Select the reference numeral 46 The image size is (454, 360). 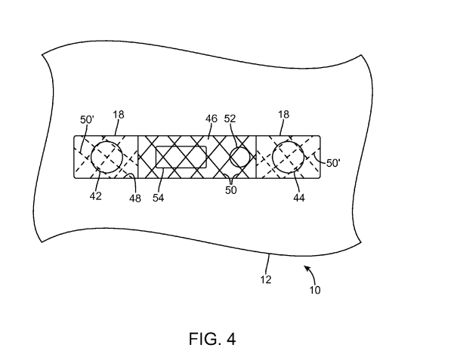(212, 118)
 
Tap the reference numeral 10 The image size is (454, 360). (313, 289)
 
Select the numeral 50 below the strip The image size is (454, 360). (231, 191)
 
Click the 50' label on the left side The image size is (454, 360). (88, 119)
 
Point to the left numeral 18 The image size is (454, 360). (119, 115)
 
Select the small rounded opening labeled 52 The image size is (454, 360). (241, 158)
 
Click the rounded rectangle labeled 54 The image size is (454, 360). (181, 157)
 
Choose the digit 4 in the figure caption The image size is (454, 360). (230, 339)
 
